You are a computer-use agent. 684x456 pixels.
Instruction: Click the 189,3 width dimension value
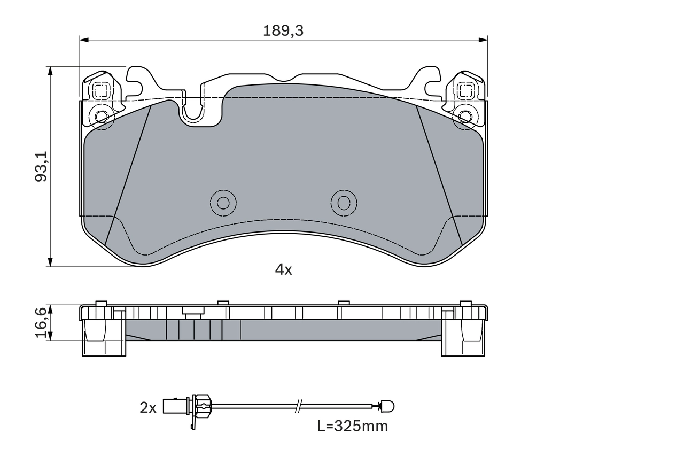point(283,31)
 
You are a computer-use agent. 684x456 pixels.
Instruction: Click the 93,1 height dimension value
point(41,166)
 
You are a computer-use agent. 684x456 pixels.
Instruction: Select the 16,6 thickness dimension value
point(41,322)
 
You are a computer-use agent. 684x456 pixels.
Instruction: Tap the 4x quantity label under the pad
point(283,270)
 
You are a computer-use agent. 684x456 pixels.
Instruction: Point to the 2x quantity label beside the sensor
point(147,408)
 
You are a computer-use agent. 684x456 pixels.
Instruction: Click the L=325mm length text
point(352,426)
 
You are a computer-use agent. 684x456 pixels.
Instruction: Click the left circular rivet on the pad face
point(223,203)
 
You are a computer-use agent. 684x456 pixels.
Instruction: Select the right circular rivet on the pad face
point(344,203)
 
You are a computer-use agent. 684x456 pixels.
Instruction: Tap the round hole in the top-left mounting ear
point(101,117)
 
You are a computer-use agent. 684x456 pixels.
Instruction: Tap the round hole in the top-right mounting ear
point(465,117)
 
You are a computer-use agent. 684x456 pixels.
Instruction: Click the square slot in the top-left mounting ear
point(101,91)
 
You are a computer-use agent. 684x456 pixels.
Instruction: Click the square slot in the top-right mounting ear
point(465,91)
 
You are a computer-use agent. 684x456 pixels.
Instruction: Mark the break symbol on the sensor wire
point(299,407)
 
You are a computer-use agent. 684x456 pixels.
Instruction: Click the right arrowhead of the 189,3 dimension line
point(484,40)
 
